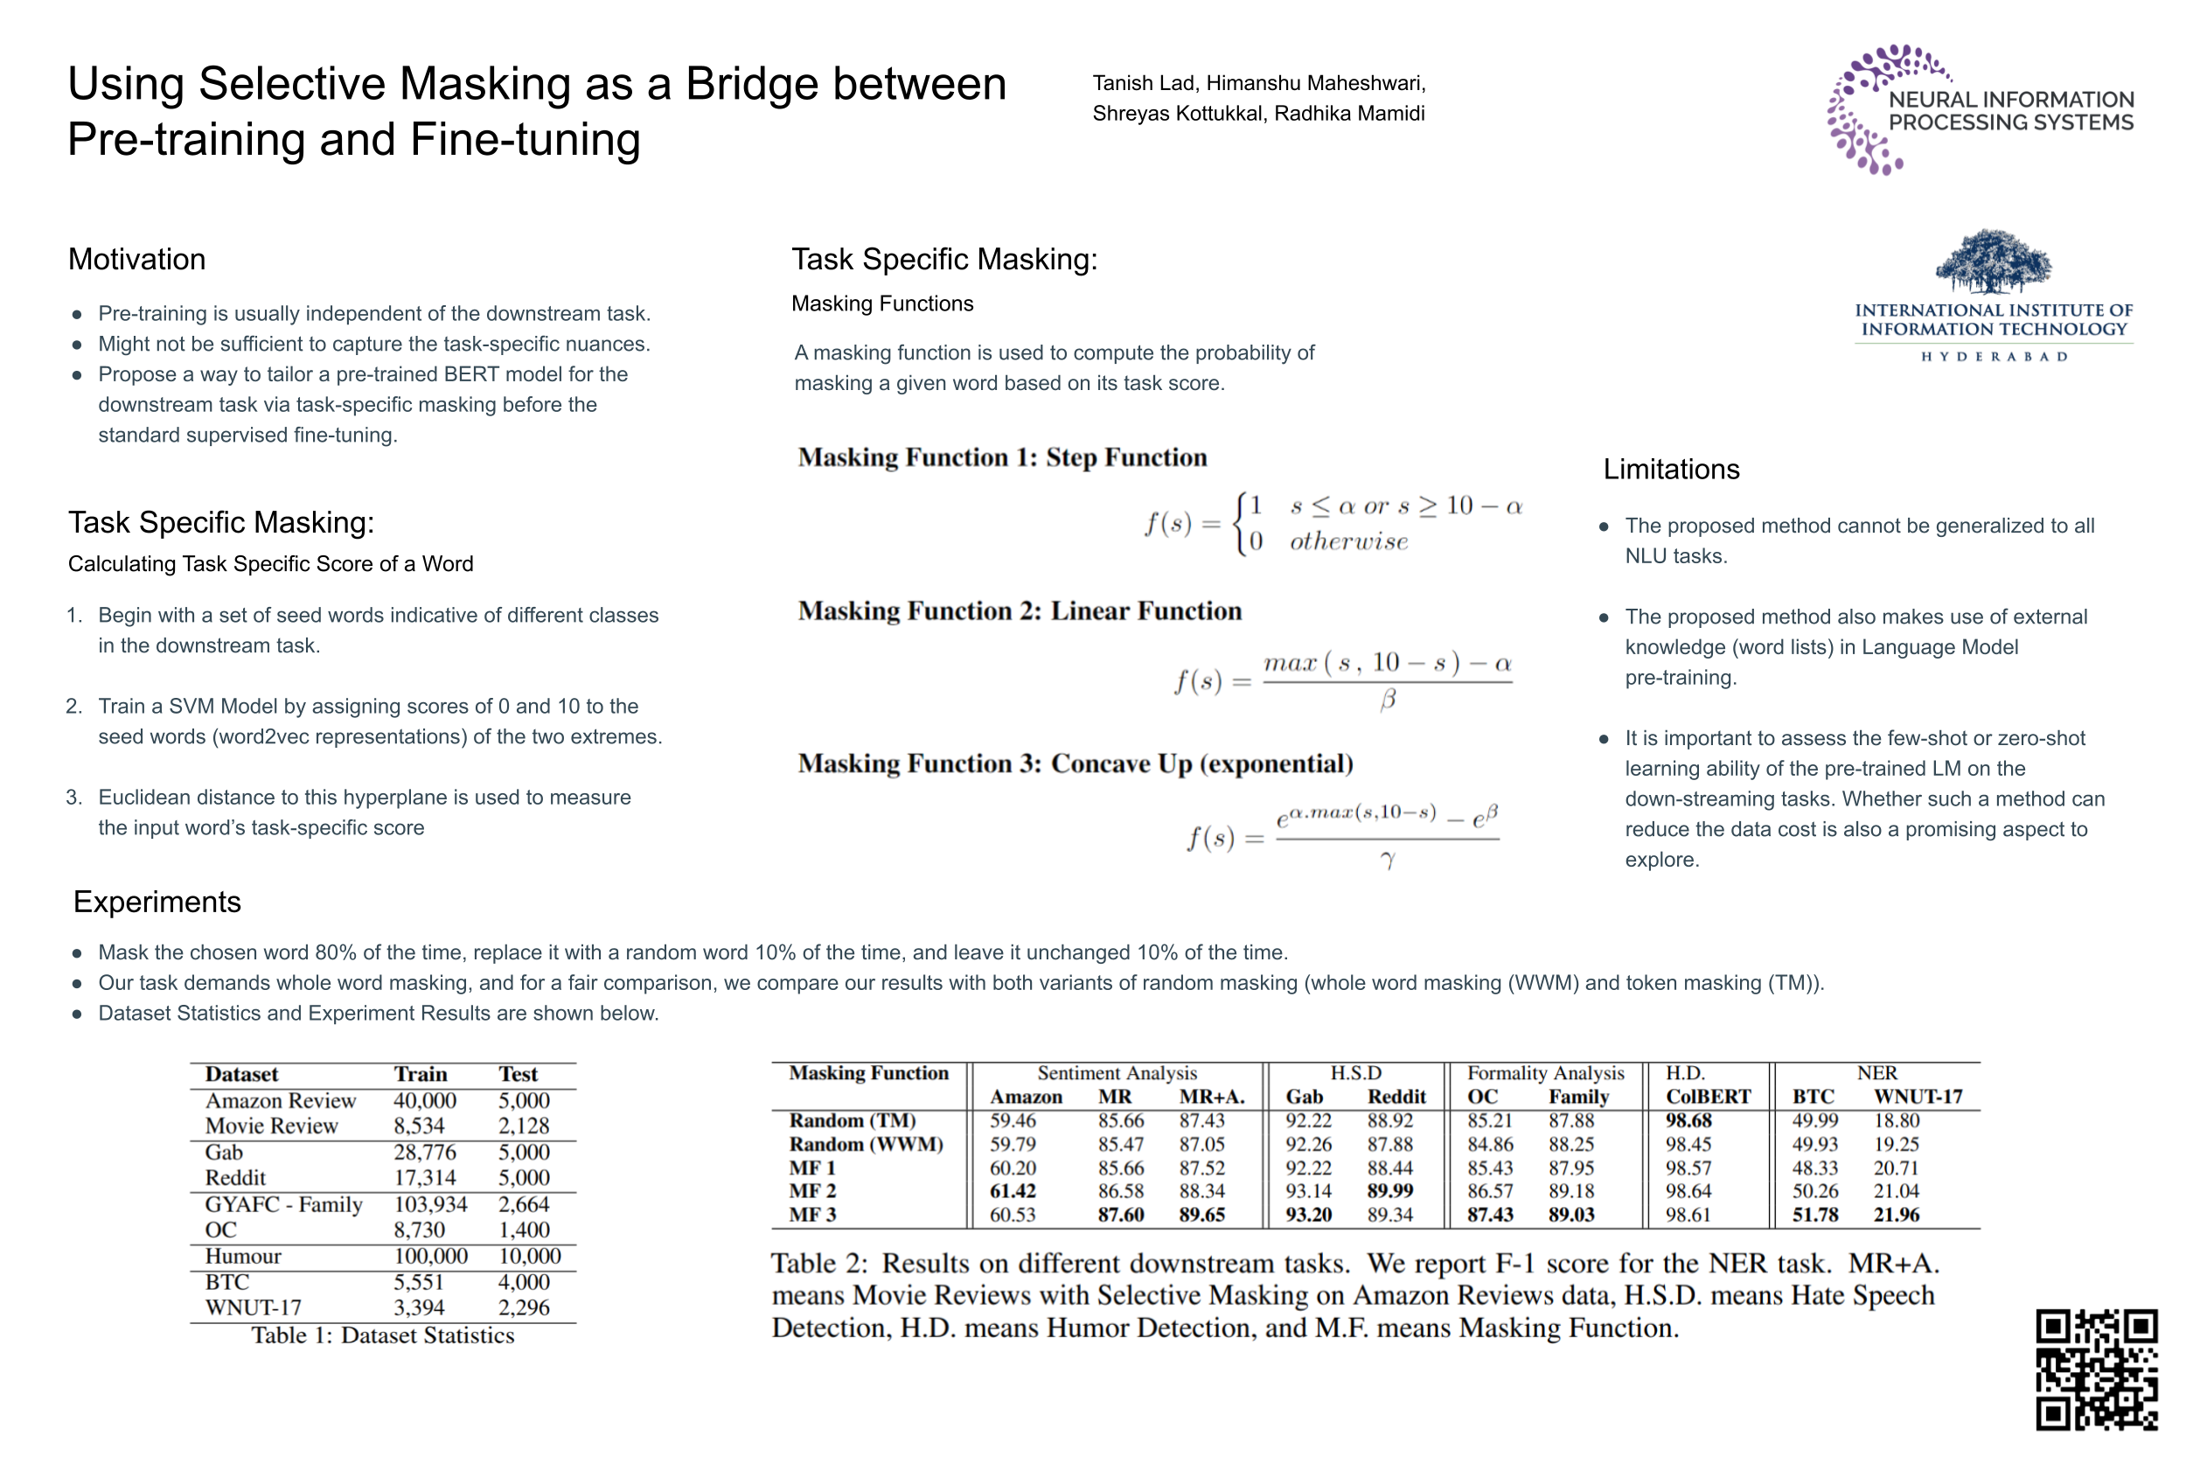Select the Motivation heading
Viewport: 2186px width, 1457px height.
point(136,259)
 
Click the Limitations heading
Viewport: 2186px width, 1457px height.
point(1670,470)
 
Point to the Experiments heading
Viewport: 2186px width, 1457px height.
point(157,902)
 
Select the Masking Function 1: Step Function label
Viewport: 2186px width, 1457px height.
point(1001,457)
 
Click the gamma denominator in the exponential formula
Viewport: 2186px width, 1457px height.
point(1387,861)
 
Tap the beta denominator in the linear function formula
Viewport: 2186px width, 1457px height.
point(1387,700)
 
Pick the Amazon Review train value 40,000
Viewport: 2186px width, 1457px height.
point(425,1100)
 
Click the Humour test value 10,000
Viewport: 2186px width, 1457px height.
point(530,1256)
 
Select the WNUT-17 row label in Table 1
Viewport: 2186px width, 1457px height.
point(253,1307)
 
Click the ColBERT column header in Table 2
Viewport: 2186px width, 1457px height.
point(1707,1097)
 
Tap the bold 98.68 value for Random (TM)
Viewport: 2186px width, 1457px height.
point(1688,1120)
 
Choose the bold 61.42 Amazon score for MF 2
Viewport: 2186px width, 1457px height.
point(1012,1190)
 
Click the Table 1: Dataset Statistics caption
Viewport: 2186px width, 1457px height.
point(382,1335)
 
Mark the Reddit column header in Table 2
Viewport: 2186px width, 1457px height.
point(1396,1097)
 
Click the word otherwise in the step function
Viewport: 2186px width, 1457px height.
point(1348,541)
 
